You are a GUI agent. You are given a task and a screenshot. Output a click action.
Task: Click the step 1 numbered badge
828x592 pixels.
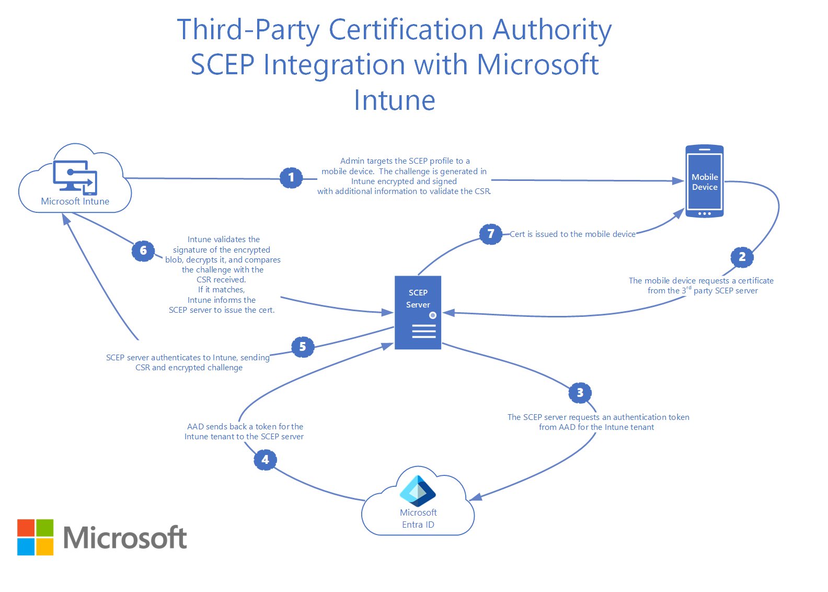click(x=291, y=178)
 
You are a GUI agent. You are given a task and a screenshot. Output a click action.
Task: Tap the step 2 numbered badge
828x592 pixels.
click(x=742, y=257)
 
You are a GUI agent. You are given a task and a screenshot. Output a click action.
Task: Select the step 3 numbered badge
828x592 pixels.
click(x=580, y=393)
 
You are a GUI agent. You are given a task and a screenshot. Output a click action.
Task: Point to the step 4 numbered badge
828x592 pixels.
click(x=265, y=460)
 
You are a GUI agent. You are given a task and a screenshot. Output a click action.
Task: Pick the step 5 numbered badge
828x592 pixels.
click(x=303, y=347)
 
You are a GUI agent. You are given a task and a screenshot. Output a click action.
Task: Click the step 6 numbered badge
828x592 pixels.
click(x=143, y=251)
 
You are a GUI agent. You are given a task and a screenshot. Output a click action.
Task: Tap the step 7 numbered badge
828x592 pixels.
click(x=490, y=234)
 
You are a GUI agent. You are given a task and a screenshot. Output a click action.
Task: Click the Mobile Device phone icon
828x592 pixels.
click(x=704, y=181)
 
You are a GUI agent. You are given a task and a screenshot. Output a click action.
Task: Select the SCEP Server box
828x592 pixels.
click(x=418, y=312)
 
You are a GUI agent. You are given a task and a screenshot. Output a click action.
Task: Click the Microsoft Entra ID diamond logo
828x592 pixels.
click(x=418, y=491)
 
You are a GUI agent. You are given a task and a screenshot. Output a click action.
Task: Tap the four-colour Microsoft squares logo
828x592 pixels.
click(x=36, y=537)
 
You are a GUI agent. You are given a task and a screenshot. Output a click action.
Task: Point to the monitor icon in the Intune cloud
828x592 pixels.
click(x=75, y=177)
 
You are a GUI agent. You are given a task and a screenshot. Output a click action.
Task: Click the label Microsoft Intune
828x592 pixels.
click(x=75, y=201)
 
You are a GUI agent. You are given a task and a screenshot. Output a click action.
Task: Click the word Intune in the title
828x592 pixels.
click(x=395, y=100)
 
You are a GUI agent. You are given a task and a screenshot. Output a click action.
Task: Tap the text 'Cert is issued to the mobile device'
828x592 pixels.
click(x=572, y=234)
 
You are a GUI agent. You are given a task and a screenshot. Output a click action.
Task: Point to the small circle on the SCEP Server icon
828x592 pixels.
click(x=433, y=315)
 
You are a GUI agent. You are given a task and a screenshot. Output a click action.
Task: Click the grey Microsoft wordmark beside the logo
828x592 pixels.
click(x=125, y=538)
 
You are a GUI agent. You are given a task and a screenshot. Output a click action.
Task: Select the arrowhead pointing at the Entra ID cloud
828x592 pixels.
click(x=475, y=497)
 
